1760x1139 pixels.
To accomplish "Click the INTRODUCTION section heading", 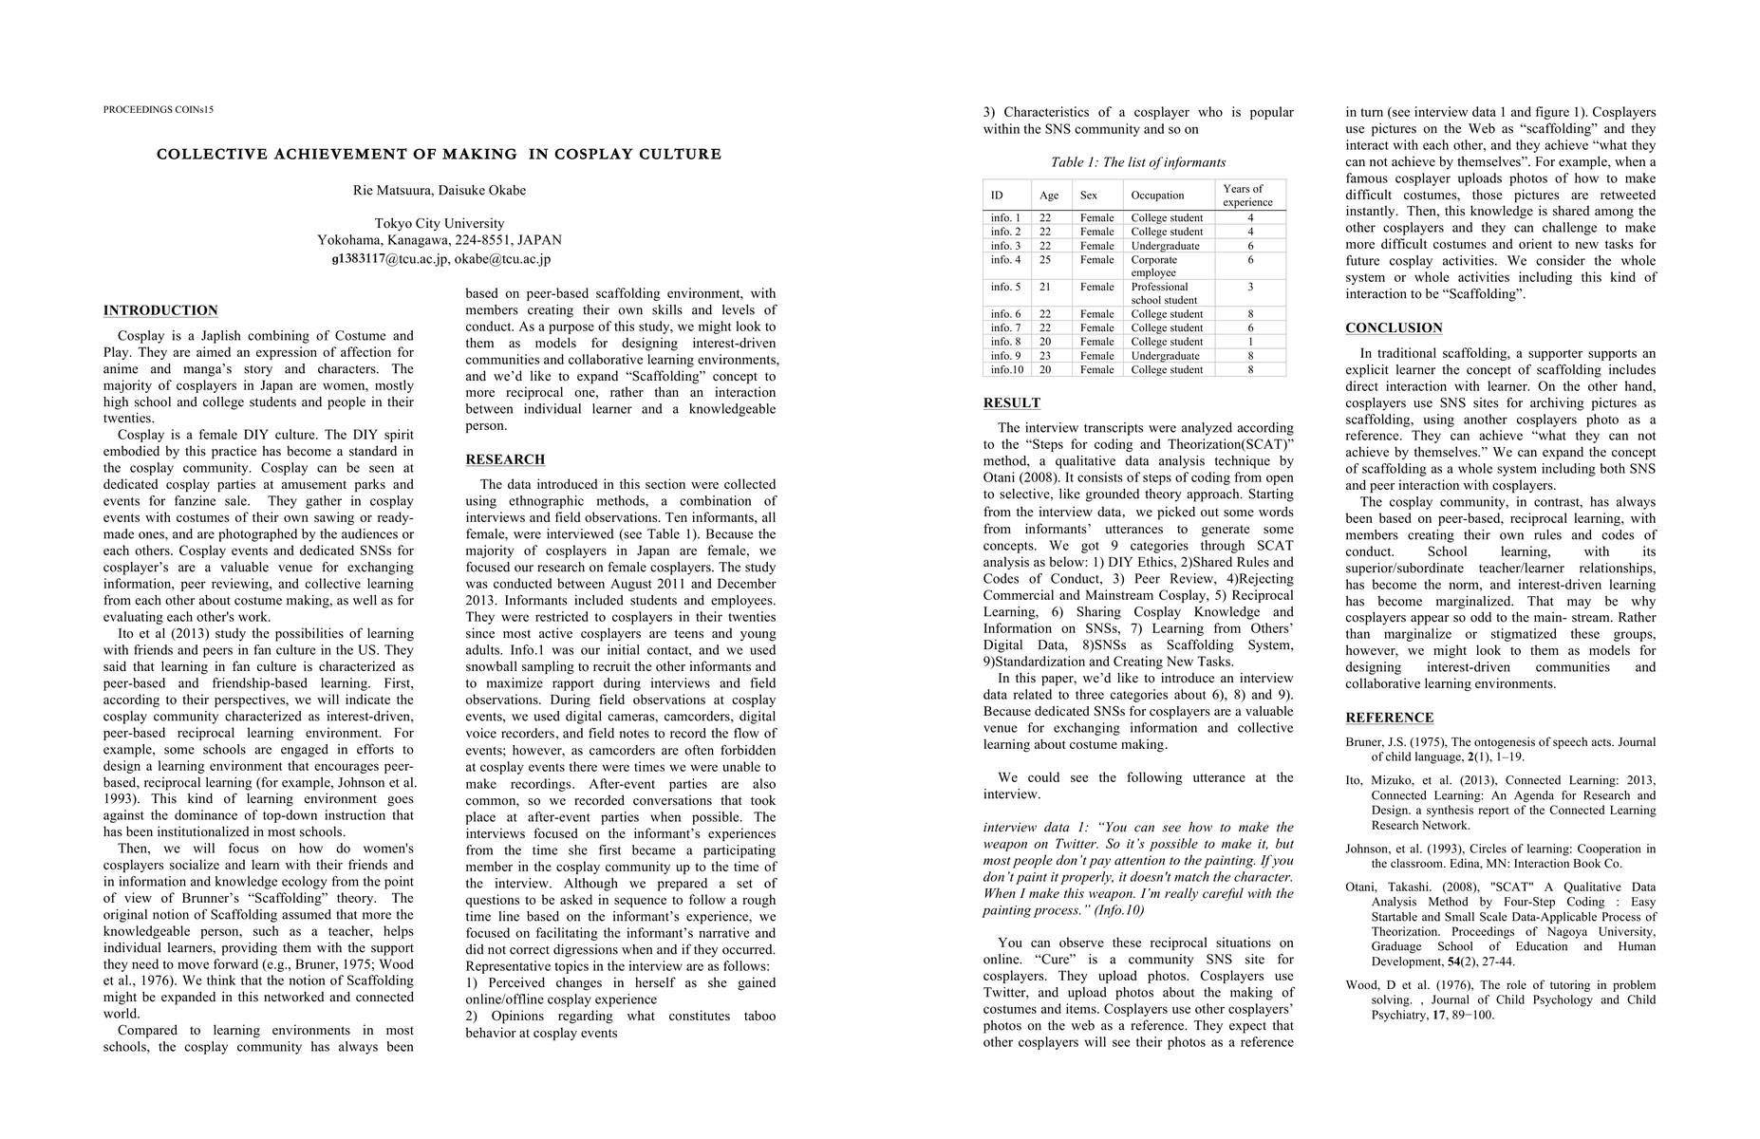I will coord(160,310).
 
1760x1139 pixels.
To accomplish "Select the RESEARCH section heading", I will coord(505,459).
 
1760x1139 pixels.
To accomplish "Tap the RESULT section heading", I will coord(1011,402).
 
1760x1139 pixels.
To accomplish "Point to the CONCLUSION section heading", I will coord(1394,328).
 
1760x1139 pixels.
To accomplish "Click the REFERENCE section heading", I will coord(1389,718).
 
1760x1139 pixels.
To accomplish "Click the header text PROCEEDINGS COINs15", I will coord(159,109).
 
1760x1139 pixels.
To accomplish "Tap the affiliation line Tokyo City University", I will coord(440,224).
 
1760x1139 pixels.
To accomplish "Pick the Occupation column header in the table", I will coord(1157,196).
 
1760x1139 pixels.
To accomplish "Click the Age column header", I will coord(1049,196).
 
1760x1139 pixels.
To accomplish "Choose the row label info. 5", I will coord(1005,287).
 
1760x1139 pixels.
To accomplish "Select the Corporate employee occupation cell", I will coord(1153,266).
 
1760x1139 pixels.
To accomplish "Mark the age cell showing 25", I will coord(1045,259).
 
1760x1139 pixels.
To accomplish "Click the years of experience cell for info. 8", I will coord(1250,342).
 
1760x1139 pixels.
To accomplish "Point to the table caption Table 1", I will coord(1137,162).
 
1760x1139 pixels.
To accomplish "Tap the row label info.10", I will coord(1006,369).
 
